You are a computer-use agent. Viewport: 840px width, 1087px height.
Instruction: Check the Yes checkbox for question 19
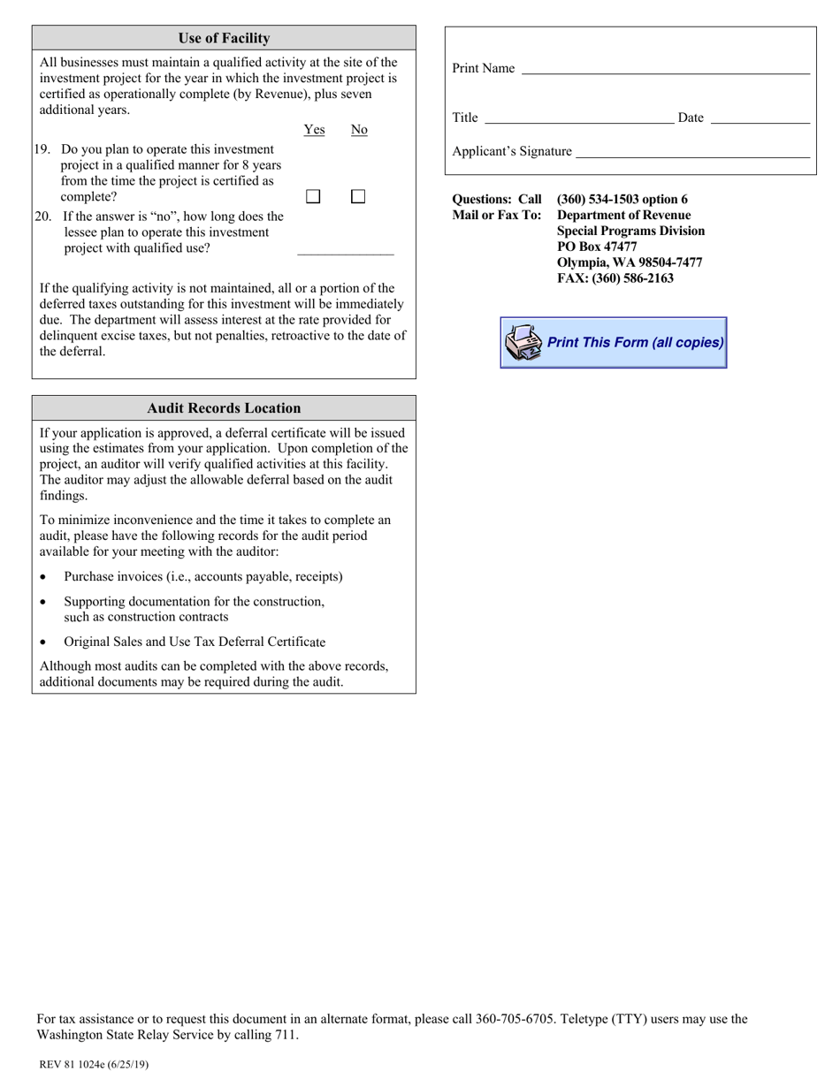pyautogui.click(x=313, y=197)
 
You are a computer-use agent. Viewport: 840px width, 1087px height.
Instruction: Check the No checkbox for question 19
pyautogui.click(x=358, y=197)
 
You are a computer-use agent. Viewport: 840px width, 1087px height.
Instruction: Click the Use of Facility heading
pyautogui.click(x=224, y=38)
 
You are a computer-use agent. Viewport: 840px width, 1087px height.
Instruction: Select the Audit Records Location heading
pyautogui.click(x=224, y=408)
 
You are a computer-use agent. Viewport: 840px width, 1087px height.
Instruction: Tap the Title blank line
pyautogui.click(x=579, y=118)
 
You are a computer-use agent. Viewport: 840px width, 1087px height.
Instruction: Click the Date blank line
pyautogui.click(x=760, y=118)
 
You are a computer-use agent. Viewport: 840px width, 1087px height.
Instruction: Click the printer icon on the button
pyautogui.click(x=523, y=343)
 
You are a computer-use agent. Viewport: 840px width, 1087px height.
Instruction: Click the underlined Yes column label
pyautogui.click(x=314, y=130)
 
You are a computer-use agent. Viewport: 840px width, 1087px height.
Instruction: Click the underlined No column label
pyautogui.click(x=359, y=130)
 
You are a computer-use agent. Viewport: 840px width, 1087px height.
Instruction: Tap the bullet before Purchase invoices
pyautogui.click(x=44, y=577)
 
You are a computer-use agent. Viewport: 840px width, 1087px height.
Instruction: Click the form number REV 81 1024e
pyautogui.click(x=73, y=1065)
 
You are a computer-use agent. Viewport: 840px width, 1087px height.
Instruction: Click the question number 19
pyautogui.click(x=42, y=149)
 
